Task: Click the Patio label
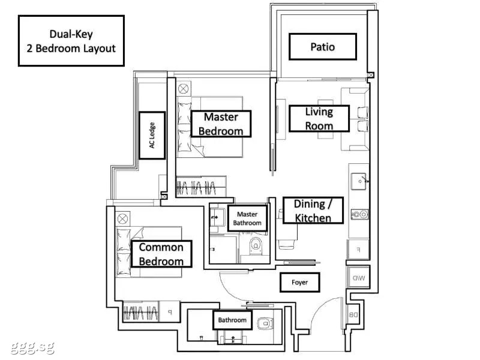click(323, 47)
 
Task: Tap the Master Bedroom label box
click(221, 124)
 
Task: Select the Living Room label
click(319, 119)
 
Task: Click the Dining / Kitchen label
click(313, 211)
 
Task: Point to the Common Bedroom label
click(161, 254)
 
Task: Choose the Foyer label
click(299, 282)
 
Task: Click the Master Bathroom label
click(247, 218)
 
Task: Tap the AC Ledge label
click(152, 136)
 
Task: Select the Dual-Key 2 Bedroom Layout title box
click(71, 41)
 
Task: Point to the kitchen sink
click(359, 181)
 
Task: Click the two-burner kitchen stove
click(359, 214)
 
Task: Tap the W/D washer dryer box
click(358, 278)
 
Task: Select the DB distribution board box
click(353, 314)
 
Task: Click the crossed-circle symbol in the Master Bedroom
click(184, 89)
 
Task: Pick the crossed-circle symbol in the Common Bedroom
click(122, 219)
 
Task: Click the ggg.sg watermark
click(32, 347)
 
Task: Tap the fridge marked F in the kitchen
click(358, 250)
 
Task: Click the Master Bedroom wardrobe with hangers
click(201, 187)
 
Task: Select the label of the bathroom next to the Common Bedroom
click(232, 320)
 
